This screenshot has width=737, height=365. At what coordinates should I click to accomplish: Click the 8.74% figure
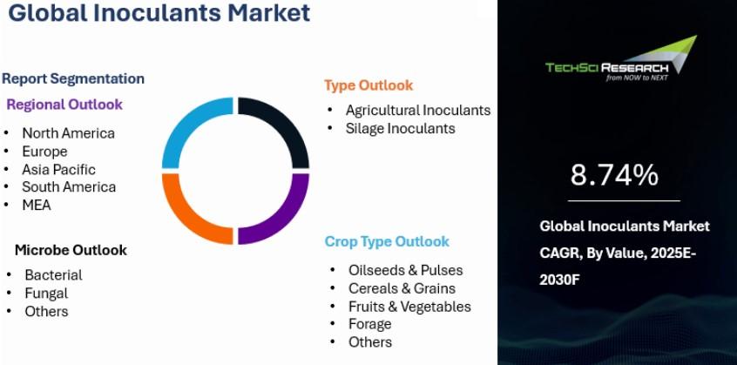[614, 175]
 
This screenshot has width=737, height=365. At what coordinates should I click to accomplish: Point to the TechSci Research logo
[621, 58]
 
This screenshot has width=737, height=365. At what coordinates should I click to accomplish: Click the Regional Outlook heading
[64, 105]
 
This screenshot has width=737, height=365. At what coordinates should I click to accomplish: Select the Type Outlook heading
[368, 85]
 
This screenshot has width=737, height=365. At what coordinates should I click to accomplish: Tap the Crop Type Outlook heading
[387, 241]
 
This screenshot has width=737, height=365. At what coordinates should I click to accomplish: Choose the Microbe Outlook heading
[71, 250]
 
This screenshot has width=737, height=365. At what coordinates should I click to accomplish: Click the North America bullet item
[68, 133]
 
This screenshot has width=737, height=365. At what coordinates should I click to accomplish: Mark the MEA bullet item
[37, 205]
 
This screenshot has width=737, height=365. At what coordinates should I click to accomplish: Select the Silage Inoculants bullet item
[401, 128]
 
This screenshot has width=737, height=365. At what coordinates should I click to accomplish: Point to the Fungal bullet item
[46, 294]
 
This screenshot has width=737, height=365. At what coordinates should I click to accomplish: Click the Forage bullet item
[370, 324]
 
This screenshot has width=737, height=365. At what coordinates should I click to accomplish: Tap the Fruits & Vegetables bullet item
[409, 307]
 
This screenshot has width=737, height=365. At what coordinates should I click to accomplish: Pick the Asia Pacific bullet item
[58, 169]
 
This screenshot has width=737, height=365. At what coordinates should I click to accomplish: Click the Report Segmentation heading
[73, 78]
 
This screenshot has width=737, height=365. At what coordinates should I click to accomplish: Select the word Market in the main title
[268, 13]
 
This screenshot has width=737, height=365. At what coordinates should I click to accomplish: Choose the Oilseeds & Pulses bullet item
[406, 270]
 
